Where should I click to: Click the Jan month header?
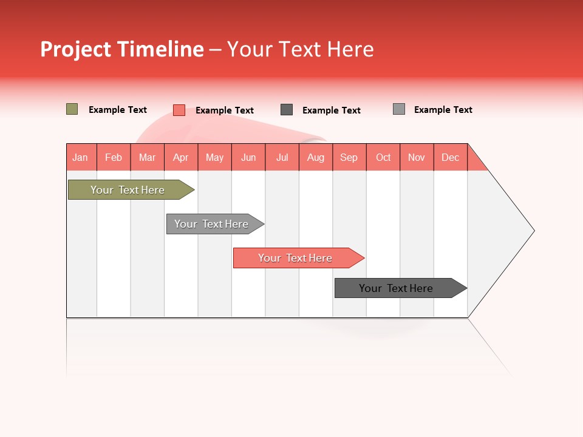tap(80, 157)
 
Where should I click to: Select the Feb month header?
tap(114, 157)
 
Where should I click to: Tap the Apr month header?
tap(180, 157)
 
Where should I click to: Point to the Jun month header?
tap(248, 157)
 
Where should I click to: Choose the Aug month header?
tap(315, 157)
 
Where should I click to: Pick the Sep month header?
tap(349, 157)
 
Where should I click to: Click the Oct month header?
tap(383, 157)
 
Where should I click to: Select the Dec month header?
tap(450, 157)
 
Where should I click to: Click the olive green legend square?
tap(72, 109)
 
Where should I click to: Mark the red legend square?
tap(179, 110)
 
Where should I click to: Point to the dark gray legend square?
tap(287, 110)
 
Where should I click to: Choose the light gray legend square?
tap(398, 109)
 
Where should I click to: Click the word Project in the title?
tap(76, 49)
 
